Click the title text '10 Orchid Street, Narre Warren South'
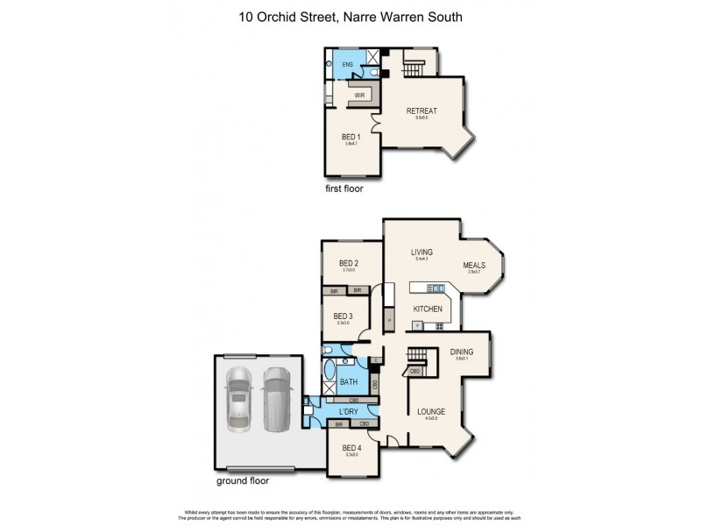pyautogui.click(x=350, y=17)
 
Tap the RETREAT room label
pyautogui.click(x=421, y=111)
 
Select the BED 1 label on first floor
pyautogui.click(x=351, y=137)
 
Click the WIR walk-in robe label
pyautogui.click(x=359, y=95)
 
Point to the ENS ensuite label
pyautogui.click(x=347, y=65)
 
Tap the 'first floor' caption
pyautogui.click(x=343, y=188)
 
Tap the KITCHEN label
pyautogui.click(x=428, y=309)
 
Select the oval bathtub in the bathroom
pyautogui.click(x=329, y=368)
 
